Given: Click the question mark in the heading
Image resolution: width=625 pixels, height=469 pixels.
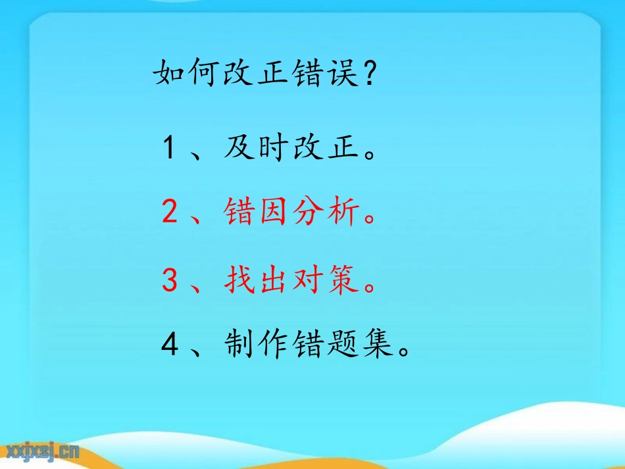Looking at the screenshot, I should pos(370,74).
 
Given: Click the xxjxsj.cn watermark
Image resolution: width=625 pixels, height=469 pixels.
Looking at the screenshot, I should pos(42,451).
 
